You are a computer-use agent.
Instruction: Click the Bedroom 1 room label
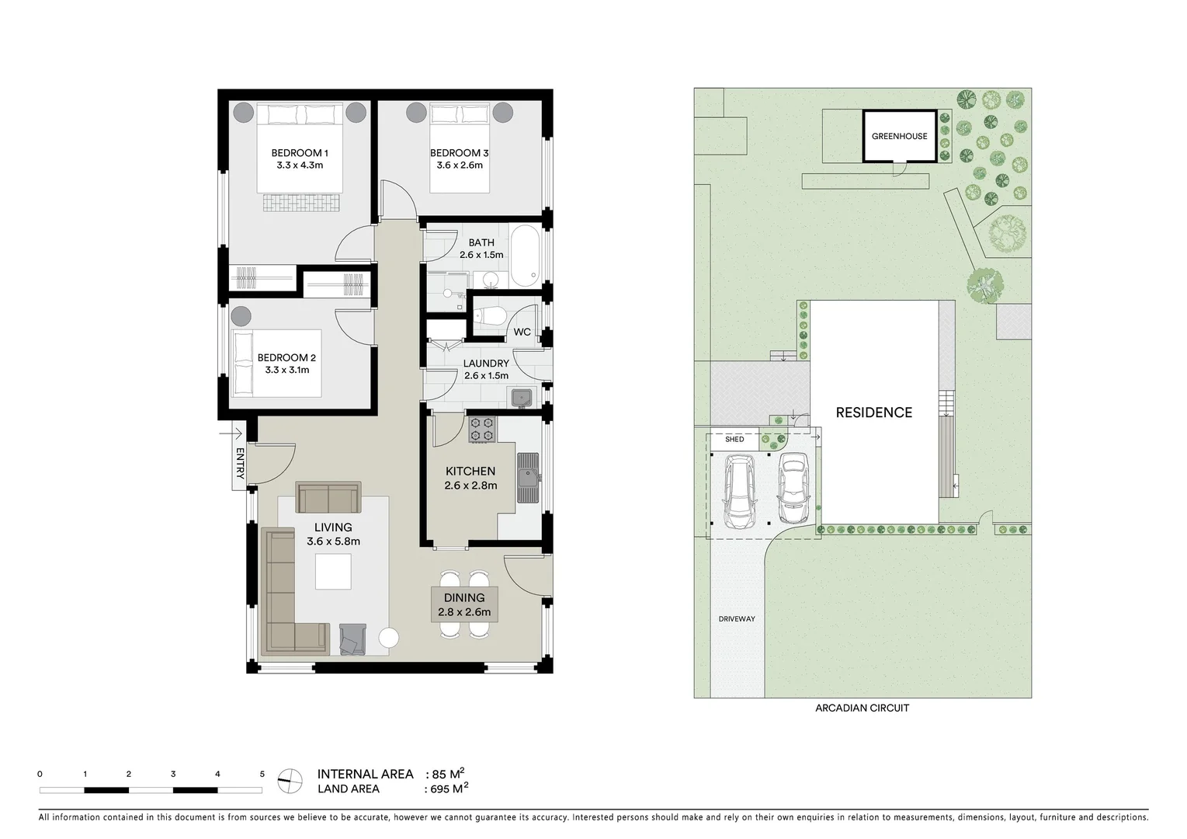point(300,153)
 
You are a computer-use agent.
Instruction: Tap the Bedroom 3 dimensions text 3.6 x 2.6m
point(460,165)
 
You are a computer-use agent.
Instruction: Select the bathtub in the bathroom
point(525,255)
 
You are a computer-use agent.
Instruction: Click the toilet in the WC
point(490,315)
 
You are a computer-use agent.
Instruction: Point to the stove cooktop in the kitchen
point(481,430)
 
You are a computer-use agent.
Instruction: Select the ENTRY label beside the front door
point(240,464)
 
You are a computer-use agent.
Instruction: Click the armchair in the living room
point(352,639)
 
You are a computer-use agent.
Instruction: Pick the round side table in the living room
point(388,639)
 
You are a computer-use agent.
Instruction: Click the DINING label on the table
point(464,598)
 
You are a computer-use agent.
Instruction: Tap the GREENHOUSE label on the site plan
point(899,136)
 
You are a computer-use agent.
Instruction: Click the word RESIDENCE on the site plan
point(873,413)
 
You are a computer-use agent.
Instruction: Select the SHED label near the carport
point(734,440)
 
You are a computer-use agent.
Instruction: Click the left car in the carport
point(738,491)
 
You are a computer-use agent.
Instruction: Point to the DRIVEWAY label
point(737,619)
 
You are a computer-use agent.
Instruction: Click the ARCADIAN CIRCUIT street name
point(862,708)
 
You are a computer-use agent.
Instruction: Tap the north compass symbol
point(290,781)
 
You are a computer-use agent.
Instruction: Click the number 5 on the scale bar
point(262,775)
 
